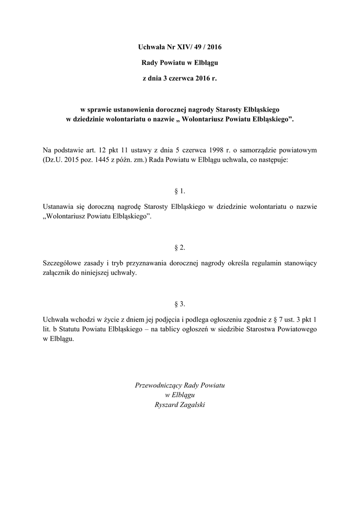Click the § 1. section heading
[x=180, y=190]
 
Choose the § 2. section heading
[x=180, y=247]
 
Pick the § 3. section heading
[x=180, y=303]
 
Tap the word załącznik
[x=59, y=273]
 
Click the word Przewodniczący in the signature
[x=158, y=385]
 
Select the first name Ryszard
[x=168, y=405]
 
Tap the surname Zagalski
[x=193, y=405]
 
